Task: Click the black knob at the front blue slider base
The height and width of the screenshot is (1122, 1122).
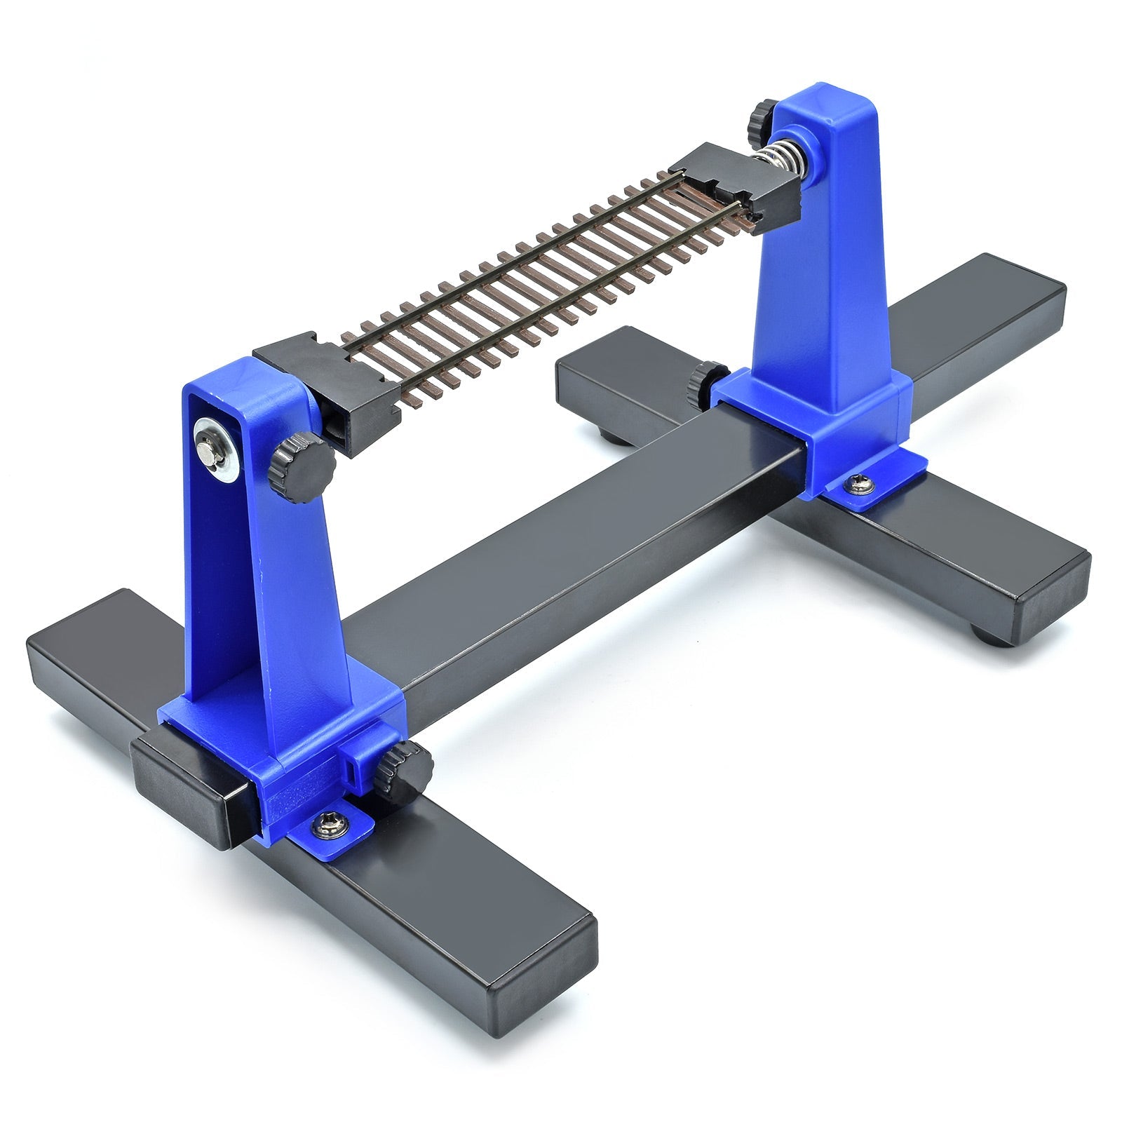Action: (x=400, y=770)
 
